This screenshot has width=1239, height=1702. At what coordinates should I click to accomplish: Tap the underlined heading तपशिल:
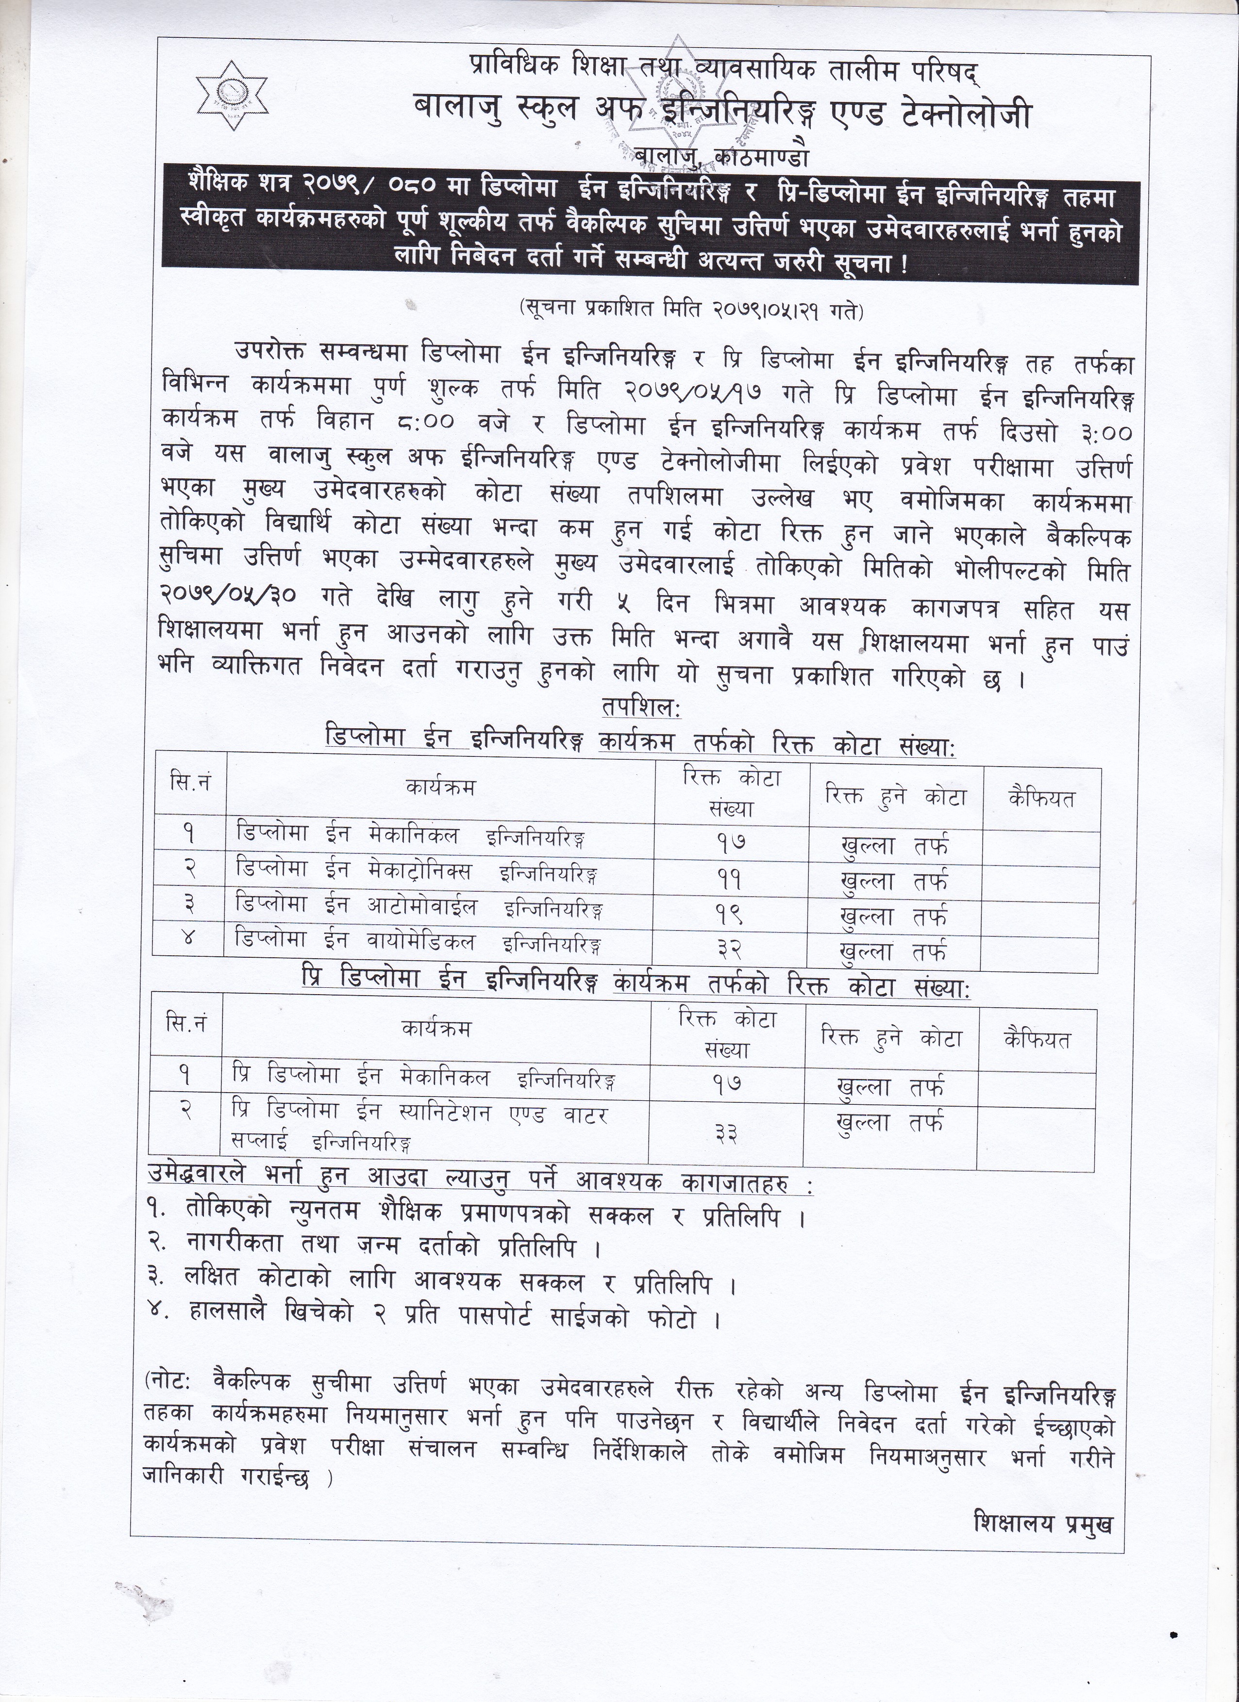(640, 708)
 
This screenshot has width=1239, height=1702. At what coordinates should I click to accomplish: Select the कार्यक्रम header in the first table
(440, 787)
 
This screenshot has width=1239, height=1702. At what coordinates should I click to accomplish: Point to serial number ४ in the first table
(188, 937)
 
